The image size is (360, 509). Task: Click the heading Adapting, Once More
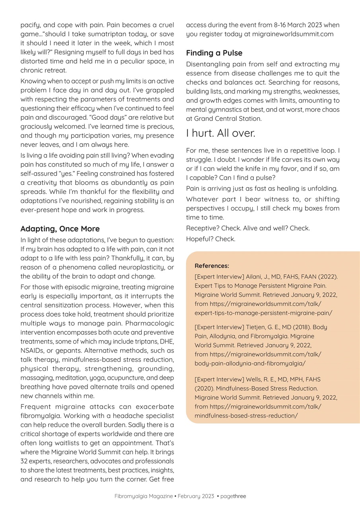[x=60, y=229]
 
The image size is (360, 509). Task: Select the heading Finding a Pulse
[x=214, y=53]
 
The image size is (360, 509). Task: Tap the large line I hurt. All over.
[x=220, y=134]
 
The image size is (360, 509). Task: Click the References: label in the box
[x=212, y=266]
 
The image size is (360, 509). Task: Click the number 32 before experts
[x=24, y=461]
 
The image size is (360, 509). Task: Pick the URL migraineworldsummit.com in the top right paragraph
[x=293, y=34]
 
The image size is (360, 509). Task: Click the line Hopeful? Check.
[x=210, y=239]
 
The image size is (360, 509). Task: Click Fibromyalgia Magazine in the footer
[x=144, y=496]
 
